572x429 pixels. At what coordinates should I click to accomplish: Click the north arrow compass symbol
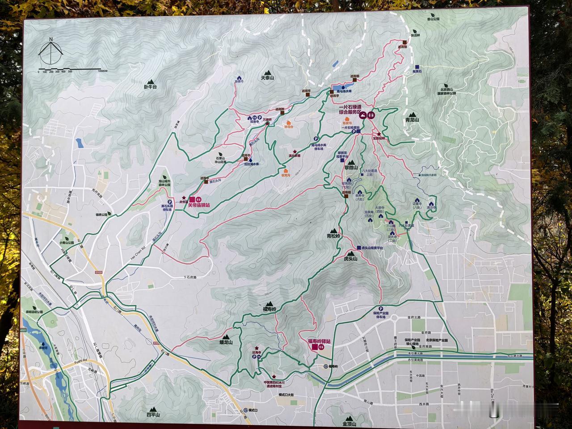click(51, 51)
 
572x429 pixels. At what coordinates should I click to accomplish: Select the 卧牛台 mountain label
click(150, 87)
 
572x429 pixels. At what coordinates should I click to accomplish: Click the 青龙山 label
click(412, 120)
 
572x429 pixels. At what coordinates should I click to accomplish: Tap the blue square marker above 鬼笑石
click(416, 65)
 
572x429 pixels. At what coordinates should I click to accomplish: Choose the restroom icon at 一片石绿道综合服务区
click(371, 115)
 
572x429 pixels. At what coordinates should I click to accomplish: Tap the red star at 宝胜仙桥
click(379, 134)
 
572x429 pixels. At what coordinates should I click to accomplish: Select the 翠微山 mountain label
click(351, 167)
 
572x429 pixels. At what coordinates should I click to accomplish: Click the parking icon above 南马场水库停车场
click(316, 139)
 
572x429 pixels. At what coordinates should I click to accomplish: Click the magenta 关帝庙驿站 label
click(198, 205)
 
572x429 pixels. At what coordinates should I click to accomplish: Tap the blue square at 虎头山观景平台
click(358, 247)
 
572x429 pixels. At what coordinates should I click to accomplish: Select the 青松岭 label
click(333, 236)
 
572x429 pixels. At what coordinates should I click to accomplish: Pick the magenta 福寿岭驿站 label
click(319, 341)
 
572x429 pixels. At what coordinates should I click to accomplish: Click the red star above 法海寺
click(257, 347)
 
